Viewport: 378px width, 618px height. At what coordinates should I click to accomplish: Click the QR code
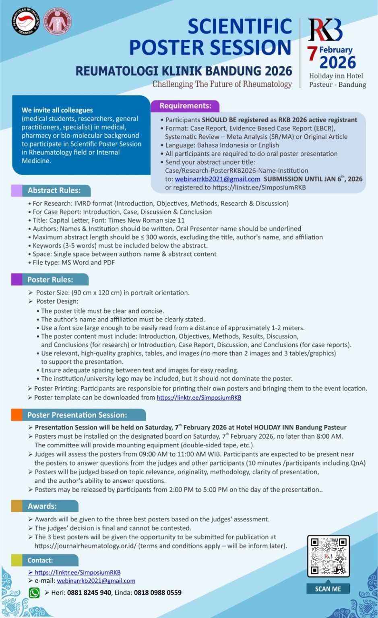pyautogui.click(x=328, y=556)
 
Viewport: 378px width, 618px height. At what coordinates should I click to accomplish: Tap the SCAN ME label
pyautogui.click(x=328, y=589)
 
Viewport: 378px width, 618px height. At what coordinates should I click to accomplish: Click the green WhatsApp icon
pyautogui.click(x=34, y=593)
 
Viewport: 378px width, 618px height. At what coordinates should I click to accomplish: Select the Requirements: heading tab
pyautogui.click(x=185, y=106)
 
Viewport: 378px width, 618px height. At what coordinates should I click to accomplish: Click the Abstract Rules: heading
pyautogui.click(x=54, y=190)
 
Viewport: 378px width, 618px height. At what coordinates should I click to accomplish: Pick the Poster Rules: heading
pyautogui.click(x=50, y=280)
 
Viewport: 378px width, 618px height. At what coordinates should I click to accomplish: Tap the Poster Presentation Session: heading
pyautogui.click(x=77, y=415)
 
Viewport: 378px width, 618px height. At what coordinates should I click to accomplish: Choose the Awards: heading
pyautogui.click(x=42, y=506)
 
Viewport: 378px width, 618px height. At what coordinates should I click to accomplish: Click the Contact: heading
pyautogui.click(x=40, y=560)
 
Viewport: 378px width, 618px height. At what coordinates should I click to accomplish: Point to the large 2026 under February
pyautogui.click(x=338, y=63)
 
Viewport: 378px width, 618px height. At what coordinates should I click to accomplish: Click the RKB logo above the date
pyautogui.click(x=325, y=30)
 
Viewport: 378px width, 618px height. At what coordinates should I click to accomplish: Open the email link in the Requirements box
pyautogui.click(x=217, y=179)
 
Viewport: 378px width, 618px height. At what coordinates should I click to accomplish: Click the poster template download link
pyautogui.click(x=199, y=398)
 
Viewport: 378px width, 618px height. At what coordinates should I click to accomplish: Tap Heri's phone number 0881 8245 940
pyautogui.click(x=89, y=593)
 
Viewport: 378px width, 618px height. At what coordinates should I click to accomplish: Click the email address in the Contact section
pyautogui.click(x=96, y=581)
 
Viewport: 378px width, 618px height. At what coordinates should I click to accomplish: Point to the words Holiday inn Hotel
pyautogui.click(x=336, y=76)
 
